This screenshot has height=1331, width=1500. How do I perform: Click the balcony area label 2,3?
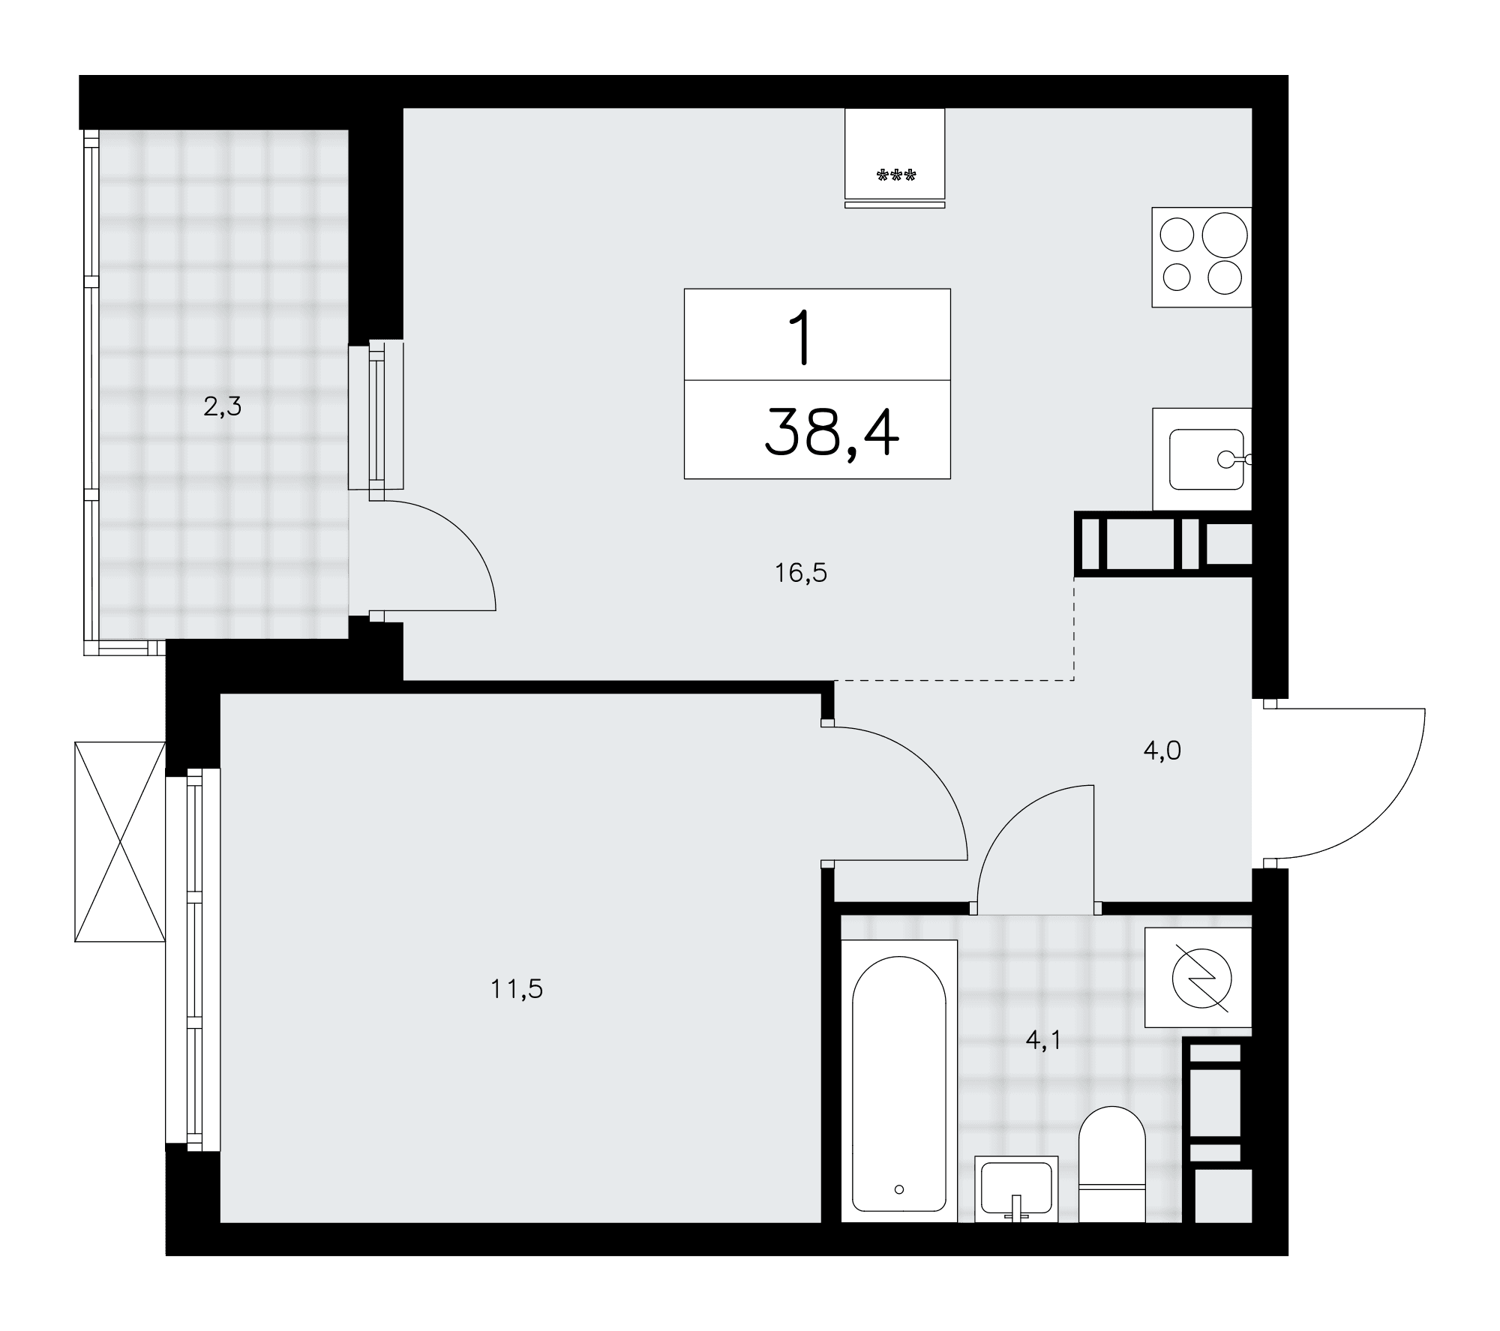pos(223,407)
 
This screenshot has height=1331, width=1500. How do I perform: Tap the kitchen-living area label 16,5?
pos(801,573)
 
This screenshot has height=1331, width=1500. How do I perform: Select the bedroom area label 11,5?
pos(517,989)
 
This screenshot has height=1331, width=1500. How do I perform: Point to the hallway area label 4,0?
pos(1162,750)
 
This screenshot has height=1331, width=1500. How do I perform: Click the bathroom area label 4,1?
pos(1043,1040)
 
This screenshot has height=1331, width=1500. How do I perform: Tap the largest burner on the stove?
pos(1225,235)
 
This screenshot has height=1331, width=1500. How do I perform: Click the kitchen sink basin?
pos(1207,459)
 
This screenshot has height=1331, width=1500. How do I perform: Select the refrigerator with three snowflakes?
pos(895,157)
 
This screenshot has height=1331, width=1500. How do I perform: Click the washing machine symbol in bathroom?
pos(1198,977)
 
